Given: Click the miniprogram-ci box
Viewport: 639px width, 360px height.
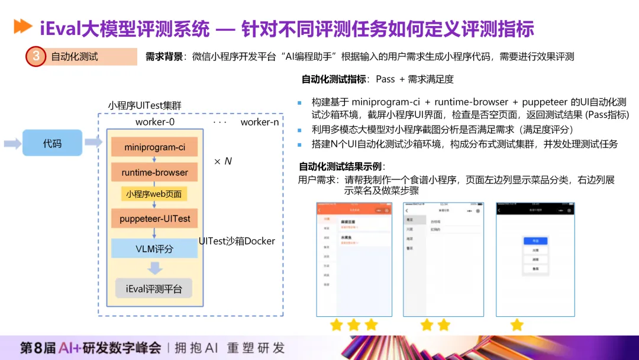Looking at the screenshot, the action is point(155,147).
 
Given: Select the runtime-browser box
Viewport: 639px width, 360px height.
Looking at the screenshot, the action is point(155,172).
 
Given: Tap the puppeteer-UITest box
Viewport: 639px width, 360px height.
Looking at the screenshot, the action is point(155,218).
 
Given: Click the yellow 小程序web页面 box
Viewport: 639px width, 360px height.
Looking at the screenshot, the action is point(154,194).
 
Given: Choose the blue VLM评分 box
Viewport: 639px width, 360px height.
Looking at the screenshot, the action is point(154,249).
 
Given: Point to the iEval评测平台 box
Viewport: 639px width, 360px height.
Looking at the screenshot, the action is point(154,289).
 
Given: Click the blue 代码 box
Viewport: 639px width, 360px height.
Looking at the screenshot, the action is point(52,143).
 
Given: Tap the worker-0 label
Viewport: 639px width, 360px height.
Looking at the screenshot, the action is point(155,123).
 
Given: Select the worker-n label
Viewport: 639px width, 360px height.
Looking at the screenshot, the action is point(259,123).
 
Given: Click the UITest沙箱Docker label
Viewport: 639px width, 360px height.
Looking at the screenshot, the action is point(237,241).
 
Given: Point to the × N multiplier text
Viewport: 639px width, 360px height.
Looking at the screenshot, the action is point(222,161).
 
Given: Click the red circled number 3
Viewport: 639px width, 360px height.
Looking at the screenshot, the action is point(36,57).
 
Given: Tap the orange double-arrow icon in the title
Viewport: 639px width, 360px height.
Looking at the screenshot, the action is point(22,26).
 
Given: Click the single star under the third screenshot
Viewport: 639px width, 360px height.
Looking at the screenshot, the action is point(517,324).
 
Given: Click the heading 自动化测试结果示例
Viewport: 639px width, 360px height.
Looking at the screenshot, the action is point(342,166).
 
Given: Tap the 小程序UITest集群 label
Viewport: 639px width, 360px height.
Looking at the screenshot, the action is point(144,105).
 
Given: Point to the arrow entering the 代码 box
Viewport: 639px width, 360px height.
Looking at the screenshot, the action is point(12,143).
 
